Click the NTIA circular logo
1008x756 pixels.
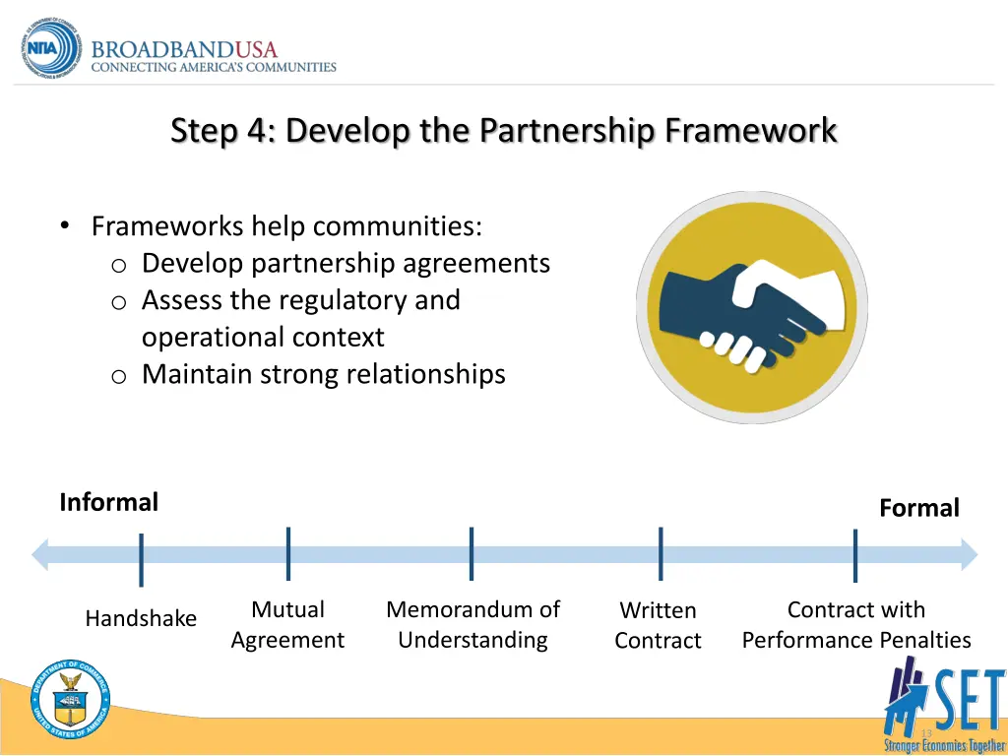[x=52, y=49]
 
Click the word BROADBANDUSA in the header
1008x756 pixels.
[x=185, y=49]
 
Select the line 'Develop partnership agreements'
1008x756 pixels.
[x=346, y=264]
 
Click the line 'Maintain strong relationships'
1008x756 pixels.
[x=323, y=374]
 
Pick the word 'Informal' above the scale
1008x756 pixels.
[x=108, y=503]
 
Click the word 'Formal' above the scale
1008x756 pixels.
[x=918, y=508]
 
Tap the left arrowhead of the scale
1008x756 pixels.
[x=40, y=554]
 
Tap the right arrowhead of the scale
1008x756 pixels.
[x=969, y=554]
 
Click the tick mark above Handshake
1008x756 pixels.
[x=142, y=559]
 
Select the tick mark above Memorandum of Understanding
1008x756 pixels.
[x=472, y=553]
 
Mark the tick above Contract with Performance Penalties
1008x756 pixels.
[x=855, y=555]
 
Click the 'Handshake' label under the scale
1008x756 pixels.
[x=141, y=619]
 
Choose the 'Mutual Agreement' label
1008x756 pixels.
[x=287, y=625]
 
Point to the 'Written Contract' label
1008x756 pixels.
[x=658, y=626]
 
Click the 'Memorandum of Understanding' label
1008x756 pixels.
[x=472, y=625]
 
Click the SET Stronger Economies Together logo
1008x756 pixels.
[x=944, y=704]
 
